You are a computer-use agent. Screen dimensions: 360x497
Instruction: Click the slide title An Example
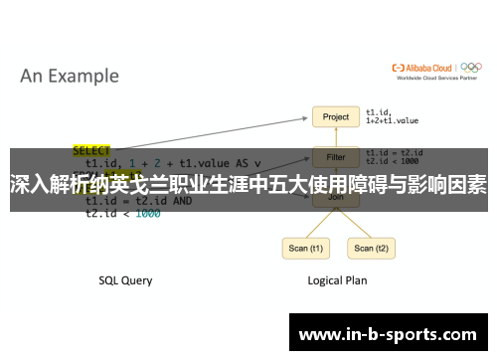pos(70,76)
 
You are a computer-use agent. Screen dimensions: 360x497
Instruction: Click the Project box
pos(335,117)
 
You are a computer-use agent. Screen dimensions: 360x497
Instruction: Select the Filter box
pos(335,156)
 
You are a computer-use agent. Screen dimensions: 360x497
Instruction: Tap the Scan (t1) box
pos(304,248)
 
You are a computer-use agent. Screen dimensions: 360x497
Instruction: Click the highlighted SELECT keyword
pos(91,151)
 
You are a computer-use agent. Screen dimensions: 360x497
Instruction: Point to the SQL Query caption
pos(125,280)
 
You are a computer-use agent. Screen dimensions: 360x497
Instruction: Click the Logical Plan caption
pos(337,280)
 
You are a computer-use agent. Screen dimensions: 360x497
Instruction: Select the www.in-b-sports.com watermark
pos(388,335)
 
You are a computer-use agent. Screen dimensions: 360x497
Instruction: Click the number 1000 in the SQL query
pos(147,213)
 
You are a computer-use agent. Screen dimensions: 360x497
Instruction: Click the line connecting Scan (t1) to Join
pos(316,222)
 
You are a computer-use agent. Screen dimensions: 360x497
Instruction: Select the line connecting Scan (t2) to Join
pos(354,222)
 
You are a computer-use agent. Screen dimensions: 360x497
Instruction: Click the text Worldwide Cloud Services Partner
pos(434,78)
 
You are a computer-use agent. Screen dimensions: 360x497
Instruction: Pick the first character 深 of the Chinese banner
pos(19,184)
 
